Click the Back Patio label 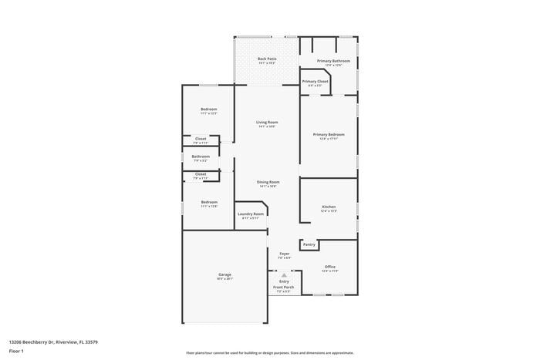tap(267, 59)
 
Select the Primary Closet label tap(315, 81)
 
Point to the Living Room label tap(267, 122)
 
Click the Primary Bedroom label tap(329, 134)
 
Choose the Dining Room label tap(268, 182)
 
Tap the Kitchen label tap(329, 207)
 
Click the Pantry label tap(309, 244)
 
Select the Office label tap(329, 267)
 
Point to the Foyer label tap(284, 253)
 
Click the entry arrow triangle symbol tap(284, 274)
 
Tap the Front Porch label tap(284, 287)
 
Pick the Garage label tap(224, 274)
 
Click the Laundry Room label tap(251, 214)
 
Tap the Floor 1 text tap(17, 351)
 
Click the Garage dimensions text tap(224, 278)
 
